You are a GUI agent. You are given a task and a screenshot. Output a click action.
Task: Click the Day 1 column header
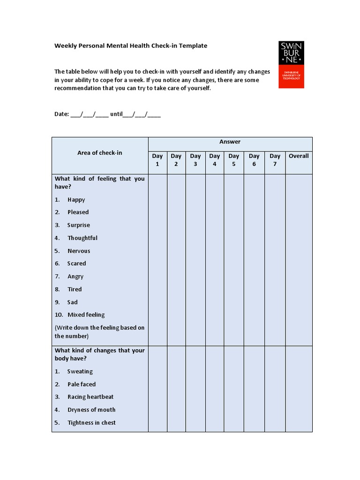(x=157, y=160)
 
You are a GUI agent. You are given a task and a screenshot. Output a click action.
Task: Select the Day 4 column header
(x=215, y=160)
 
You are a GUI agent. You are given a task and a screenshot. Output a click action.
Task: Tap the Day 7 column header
(x=275, y=160)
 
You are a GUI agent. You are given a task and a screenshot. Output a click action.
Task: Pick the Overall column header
(x=299, y=156)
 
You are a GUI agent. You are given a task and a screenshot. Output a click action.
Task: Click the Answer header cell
(x=230, y=142)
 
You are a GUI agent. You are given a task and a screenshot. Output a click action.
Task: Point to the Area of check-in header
(x=99, y=153)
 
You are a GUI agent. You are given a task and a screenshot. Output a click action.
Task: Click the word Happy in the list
(x=76, y=200)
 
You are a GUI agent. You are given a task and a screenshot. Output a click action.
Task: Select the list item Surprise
(x=79, y=225)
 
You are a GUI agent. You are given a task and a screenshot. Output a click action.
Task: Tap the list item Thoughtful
(x=82, y=238)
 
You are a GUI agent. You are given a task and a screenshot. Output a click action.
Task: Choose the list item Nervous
(x=79, y=251)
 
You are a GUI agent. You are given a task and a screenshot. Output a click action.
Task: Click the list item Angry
(x=75, y=277)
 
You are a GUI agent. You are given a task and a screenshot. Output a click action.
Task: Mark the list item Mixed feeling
(x=86, y=315)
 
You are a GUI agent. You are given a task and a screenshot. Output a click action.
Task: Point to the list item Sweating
(x=80, y=372)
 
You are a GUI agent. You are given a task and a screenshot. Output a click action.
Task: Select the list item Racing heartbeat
(x=90, y=397)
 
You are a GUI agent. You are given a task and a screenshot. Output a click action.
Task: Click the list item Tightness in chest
(x=91, y=423)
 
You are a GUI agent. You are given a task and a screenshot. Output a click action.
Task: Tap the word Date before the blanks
(x=61, y=114)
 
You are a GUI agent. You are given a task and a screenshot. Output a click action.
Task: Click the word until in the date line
(x=116, y=114)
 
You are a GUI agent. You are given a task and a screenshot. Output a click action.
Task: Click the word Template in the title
(x=193, y=46)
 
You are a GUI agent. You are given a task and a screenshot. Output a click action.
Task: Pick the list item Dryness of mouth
(x=91, y=410)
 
